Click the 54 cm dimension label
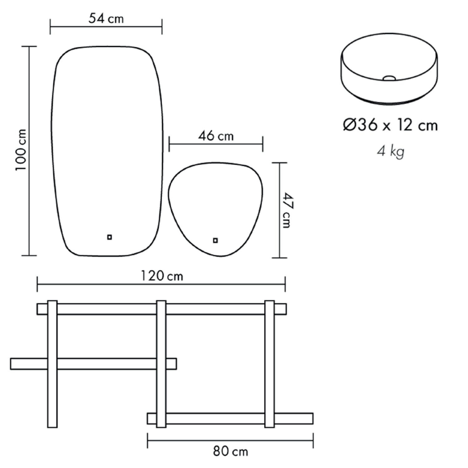point(106,19)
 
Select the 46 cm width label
point(216,136)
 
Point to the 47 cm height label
point(286,210)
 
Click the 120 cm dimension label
point(162,276)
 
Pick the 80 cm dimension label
point(230,451)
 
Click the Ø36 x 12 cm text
point(390,125)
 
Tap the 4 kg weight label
point(390,152)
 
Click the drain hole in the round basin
point(389,78)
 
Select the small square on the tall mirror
point(110,237)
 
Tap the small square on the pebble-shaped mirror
point(215,240)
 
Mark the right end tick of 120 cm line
point(285,284)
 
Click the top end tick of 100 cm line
point(29,46)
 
